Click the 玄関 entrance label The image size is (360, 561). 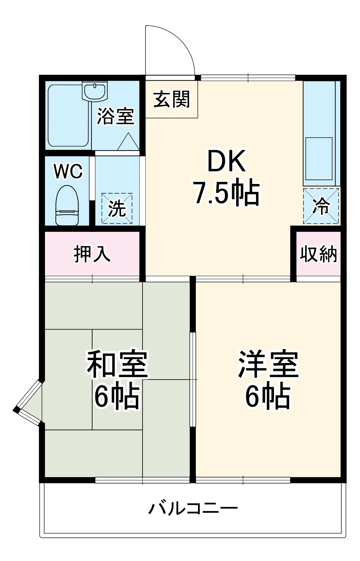pyautogui.click(x=172, y=99)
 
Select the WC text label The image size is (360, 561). pyautogui.click(x=68, y=171)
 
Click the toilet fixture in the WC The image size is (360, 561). pyautogui.click(x=67, y=205)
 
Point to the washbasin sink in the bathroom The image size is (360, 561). pyautogui.click(x=95, y=91)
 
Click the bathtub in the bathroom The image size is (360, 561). pyautogui.click(x=68, y=115)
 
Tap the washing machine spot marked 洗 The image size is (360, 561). pyautogui.click(x=117, y=209)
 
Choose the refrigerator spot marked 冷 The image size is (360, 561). pyautogui.click(x=321, y=206)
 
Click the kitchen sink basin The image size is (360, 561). pyautogui.click(x=319, y=158)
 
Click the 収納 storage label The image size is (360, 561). pyautogui.click(x=319, y=254)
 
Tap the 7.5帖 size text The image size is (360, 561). pyautogui.click(x=226, y=193)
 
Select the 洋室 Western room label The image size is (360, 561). pyautogui.click(x=268, y=364)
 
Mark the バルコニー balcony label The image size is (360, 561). pyautogui.click(x=193, y=508)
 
